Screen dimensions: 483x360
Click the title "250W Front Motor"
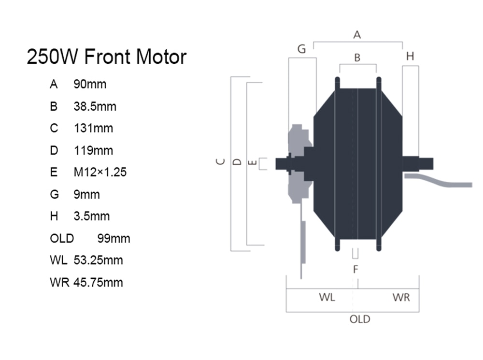(107, 57)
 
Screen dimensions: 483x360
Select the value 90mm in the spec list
(90, 84)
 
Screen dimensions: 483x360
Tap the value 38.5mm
(95, 106)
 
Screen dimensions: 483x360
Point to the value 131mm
(93, 128)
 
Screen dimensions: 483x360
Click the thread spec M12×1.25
(100, 172)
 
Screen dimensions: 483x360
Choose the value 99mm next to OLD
(114, 238)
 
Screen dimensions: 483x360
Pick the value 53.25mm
(98, 260)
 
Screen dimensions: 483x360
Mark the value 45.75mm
(98, 282)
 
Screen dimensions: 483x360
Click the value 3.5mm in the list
(91, 216)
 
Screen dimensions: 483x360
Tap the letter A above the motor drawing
(357, 34)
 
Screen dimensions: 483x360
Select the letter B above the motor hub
(357, 58)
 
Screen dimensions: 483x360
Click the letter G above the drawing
(301, 49)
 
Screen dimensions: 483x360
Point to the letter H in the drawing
(410, 56)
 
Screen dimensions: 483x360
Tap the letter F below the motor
(356, 269)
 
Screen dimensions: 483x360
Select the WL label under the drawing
(327, 297)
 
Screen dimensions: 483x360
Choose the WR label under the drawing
(401, 298)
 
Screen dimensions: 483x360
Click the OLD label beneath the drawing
(360, 319)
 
